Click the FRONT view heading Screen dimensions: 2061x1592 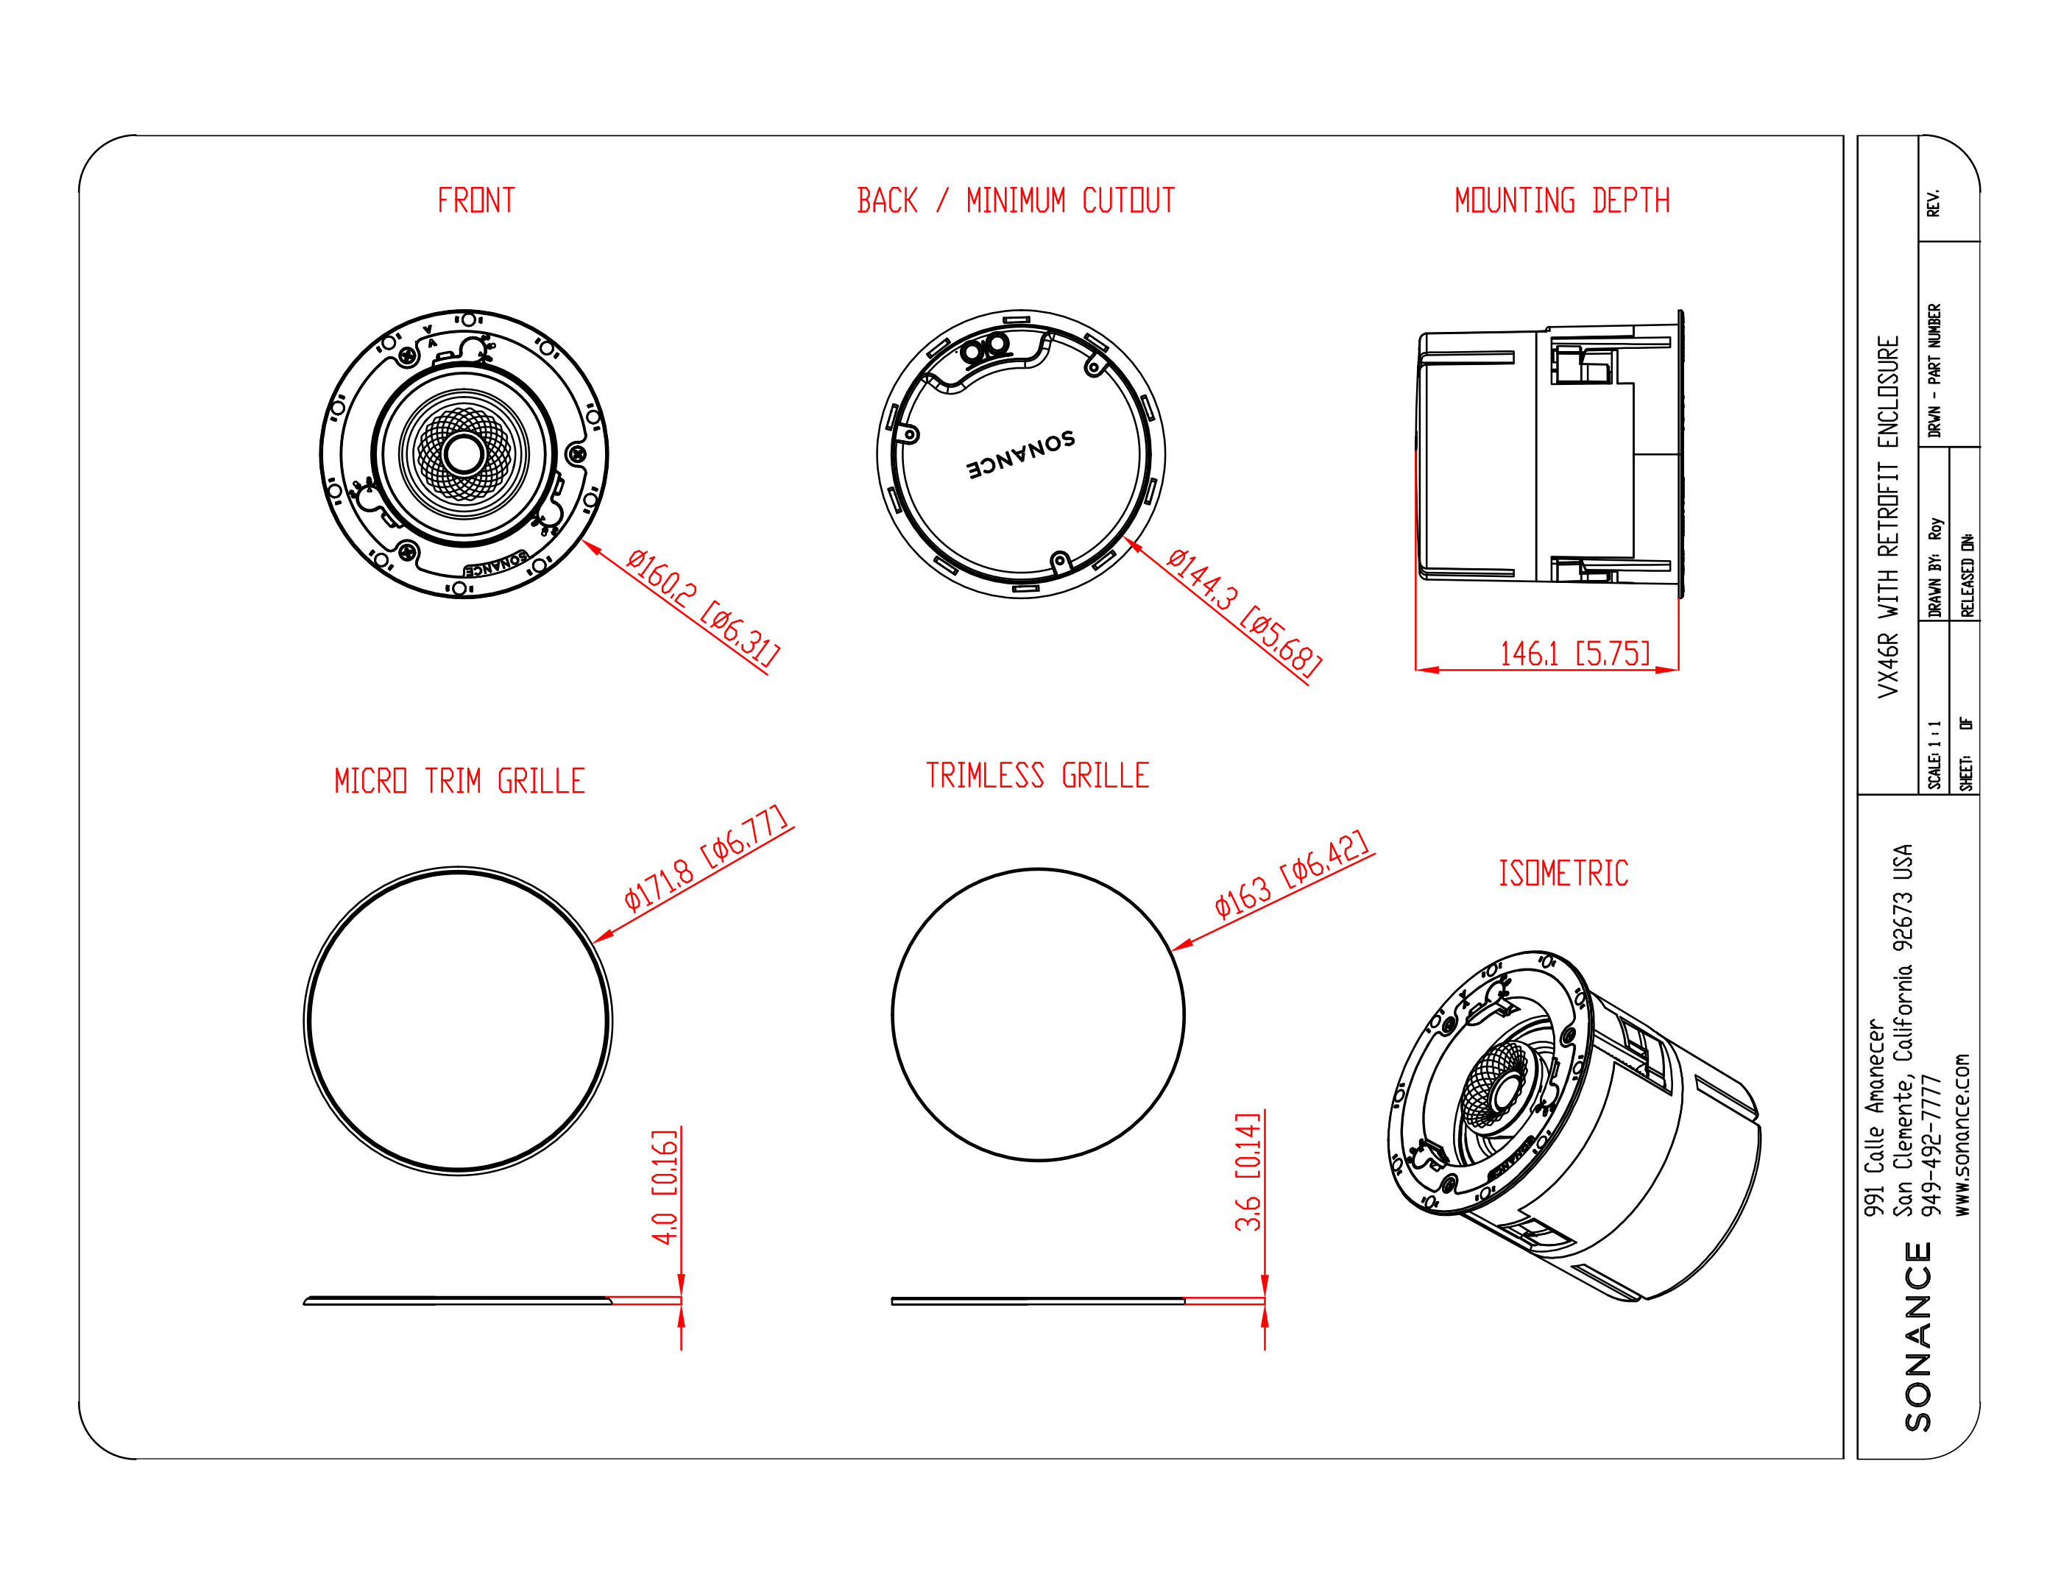[476, 200]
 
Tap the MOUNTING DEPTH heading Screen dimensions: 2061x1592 [1562, 200]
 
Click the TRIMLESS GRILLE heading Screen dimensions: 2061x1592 [1037, 775]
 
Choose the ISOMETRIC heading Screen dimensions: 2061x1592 [1563, 873]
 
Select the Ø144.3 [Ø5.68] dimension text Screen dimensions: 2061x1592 [1244, 612]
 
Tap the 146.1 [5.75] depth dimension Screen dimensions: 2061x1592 [1575, 653]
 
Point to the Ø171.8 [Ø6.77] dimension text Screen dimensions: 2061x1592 [705, 857]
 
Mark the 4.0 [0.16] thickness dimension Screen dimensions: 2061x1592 [665, 1186]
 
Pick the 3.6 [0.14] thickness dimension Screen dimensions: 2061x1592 [1248, 1171]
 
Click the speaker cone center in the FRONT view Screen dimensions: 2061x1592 [463, 454]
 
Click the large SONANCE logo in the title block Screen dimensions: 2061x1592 [1917, 1337]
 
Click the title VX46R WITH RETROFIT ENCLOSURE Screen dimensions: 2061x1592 [1887, 517]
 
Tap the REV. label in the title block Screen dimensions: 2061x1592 [1933, 203]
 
